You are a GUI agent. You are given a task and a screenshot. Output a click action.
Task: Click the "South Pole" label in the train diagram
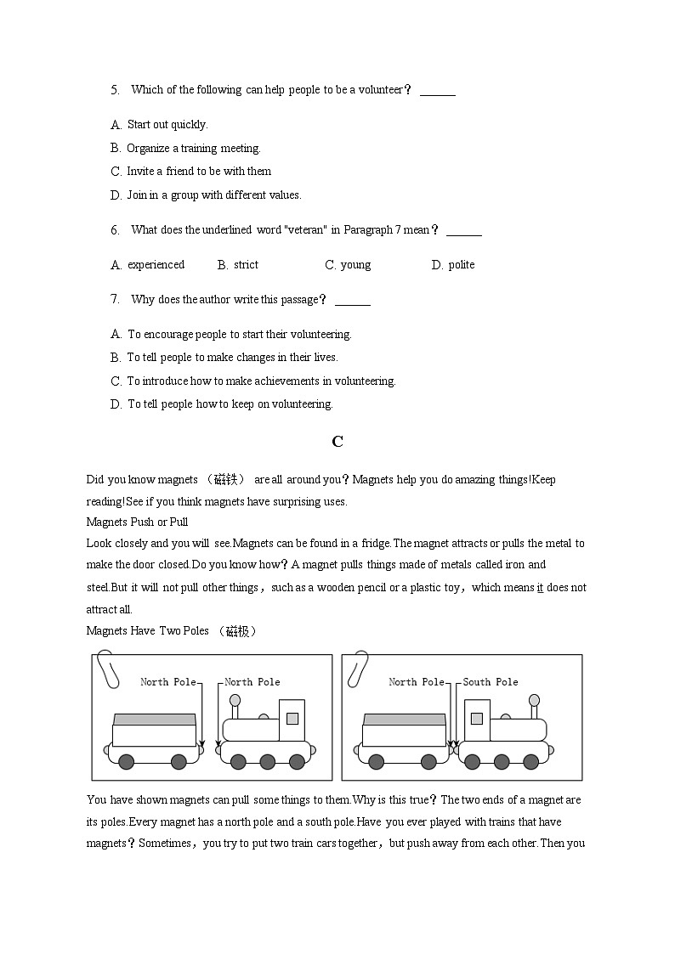491,682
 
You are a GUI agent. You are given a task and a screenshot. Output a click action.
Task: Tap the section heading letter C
337,441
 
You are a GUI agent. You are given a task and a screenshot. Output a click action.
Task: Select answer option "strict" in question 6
246,265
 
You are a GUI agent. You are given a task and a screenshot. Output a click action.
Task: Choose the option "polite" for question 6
462,265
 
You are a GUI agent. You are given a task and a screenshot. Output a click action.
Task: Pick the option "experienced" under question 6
156,265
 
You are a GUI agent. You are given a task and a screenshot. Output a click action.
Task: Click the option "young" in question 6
355,265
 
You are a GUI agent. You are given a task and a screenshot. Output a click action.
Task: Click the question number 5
115,90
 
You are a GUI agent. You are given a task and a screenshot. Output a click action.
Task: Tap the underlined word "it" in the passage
540,588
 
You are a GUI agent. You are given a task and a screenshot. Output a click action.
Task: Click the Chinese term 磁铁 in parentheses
225,480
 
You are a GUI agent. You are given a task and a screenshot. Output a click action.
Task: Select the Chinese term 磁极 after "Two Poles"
237,631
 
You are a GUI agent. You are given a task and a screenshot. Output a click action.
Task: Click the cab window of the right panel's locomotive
476,718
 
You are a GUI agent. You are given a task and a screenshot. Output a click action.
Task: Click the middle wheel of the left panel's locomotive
267,761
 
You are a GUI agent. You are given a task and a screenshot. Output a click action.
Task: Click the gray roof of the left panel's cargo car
155,719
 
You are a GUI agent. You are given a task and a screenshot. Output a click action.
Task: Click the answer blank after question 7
353,300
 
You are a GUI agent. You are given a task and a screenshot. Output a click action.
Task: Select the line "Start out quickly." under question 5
167,125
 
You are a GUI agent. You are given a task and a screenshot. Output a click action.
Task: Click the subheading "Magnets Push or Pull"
137,522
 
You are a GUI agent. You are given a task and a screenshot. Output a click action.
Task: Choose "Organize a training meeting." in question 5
194,149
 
